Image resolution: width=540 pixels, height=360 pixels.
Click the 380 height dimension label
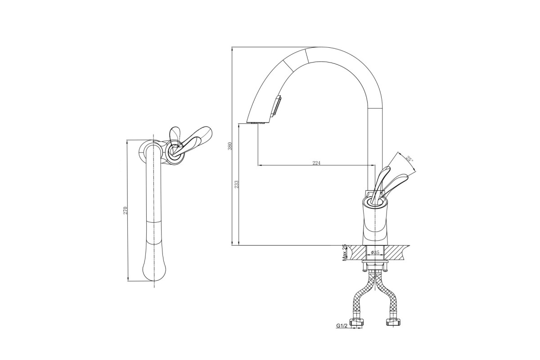point(230,146)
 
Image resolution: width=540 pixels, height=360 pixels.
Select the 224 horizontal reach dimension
point(316,163)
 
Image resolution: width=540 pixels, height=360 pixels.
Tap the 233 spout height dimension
point(237,184)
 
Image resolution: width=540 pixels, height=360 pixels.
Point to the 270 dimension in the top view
point(125,210)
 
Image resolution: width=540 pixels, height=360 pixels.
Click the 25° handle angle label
point(409,159)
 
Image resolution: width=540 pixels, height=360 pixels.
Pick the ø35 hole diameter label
point(375,252)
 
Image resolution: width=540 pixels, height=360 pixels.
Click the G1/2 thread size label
point(342,326)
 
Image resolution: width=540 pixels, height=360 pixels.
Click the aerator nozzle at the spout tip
point(258,123)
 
